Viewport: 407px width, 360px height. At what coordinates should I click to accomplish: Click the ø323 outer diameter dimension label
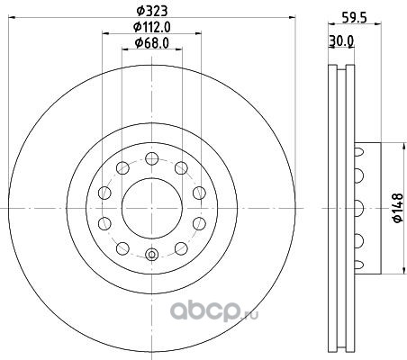(x=151, y=11)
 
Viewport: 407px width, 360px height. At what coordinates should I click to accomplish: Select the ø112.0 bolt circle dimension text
(x=152, y=27)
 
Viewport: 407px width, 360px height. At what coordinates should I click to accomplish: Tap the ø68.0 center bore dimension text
(x=152, y=43)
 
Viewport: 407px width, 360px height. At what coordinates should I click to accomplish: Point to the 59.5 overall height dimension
(x=355, y=18)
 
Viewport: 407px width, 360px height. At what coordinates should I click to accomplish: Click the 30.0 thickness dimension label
(x=341, y=41)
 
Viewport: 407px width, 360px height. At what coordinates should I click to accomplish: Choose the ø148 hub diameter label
(x=398, y=208)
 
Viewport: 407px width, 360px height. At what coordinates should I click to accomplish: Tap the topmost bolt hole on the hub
(x=152, y=158)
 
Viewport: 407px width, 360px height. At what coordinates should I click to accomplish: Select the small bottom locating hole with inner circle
(x=152, y=255)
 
